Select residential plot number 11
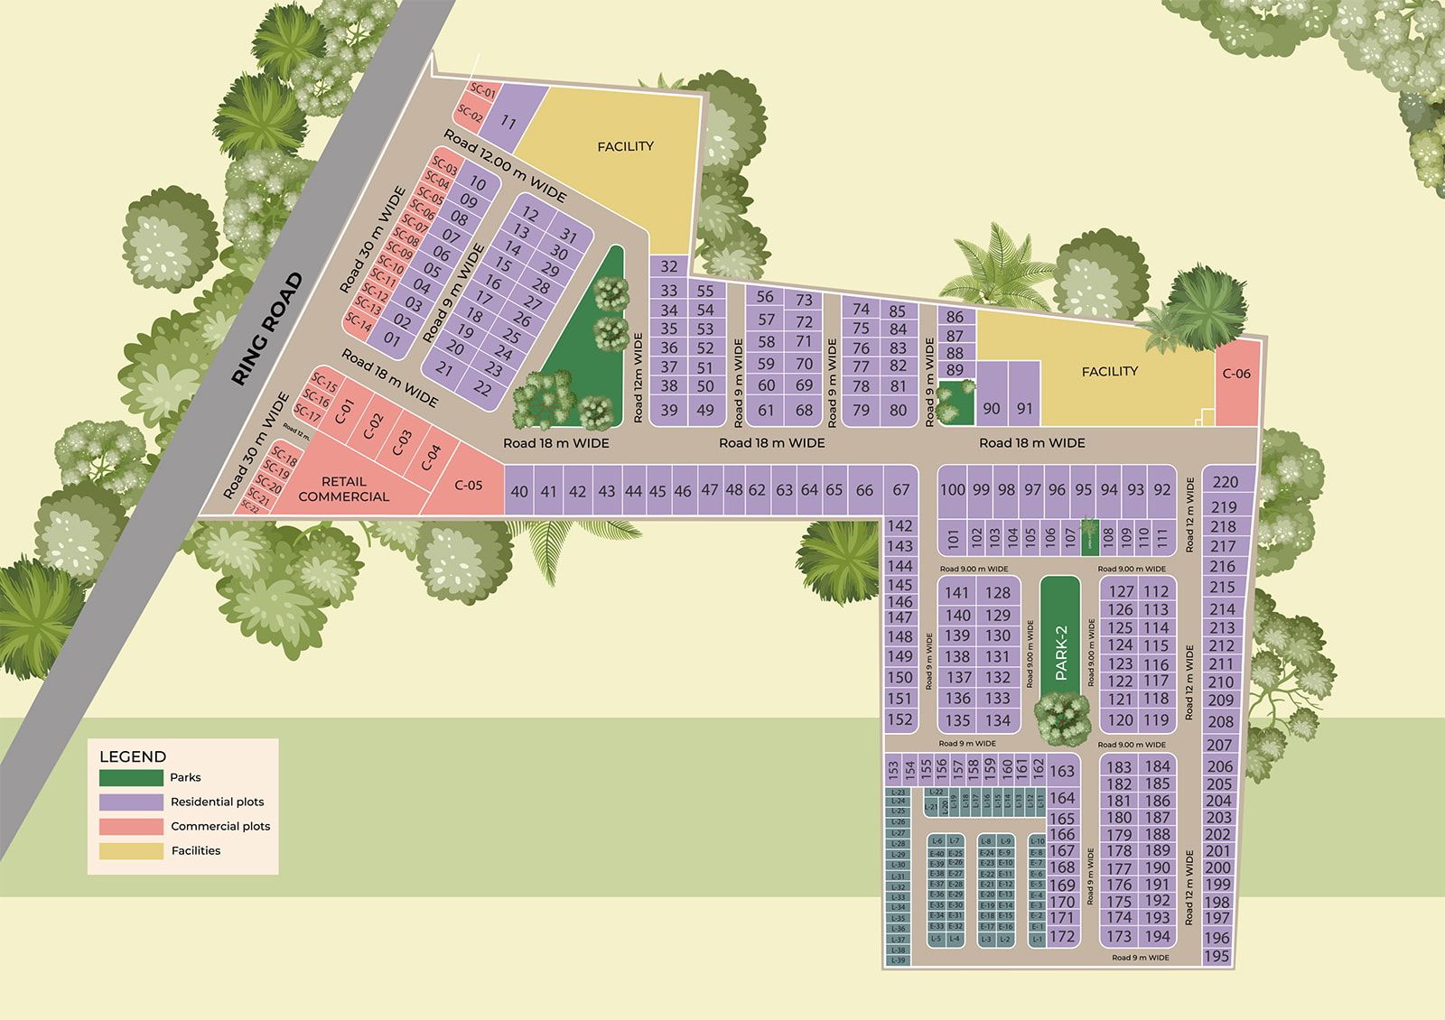coord(508,122)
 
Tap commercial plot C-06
coord(1236,373)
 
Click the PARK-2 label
coord(1060,653)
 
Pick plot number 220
coord(1225,482)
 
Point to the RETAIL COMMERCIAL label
coord(343,489)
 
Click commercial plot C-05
coord(469,485)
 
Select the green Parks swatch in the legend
coord(132,777)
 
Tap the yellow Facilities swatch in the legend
coord(132,850)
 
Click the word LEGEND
coord(133,756)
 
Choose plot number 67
coord(900,489)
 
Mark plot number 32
coord(668,266)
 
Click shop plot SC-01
coord(483,92)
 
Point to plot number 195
coord(1217,956)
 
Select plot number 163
coord(1062,771)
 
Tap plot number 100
coord(952,489)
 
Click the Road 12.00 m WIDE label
coord(505,166)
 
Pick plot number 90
coord(992,408)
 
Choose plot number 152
coord(900,719)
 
